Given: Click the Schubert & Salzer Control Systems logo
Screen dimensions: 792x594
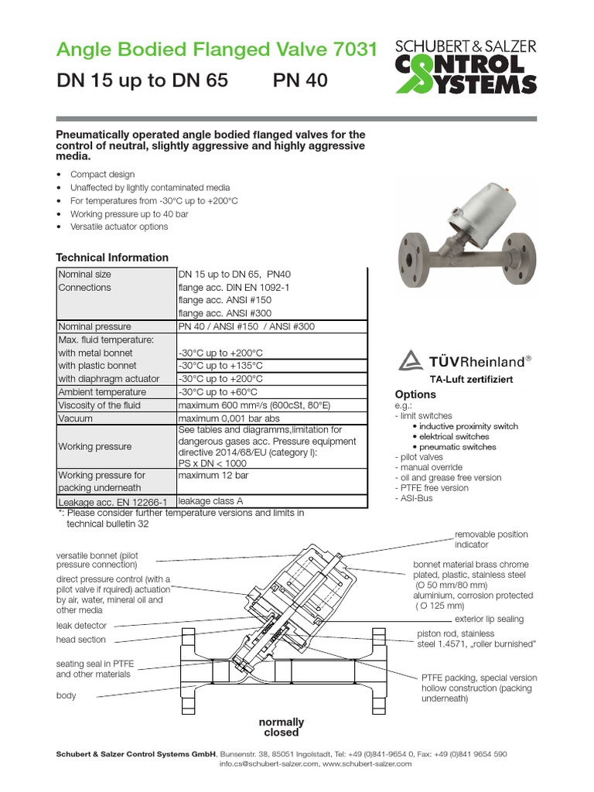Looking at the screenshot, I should tap(466, 67).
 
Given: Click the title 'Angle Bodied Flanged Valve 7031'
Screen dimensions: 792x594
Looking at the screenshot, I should tap(217, 50).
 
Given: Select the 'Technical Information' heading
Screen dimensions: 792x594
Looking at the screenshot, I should tap(112, 258).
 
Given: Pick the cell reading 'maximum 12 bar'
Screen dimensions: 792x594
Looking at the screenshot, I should tap(210, 476).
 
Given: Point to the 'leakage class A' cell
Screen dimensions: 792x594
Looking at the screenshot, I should tap(211, 501).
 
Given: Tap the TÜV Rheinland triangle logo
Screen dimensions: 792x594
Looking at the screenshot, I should tap(411, 360).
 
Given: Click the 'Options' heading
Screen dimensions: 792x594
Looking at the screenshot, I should tap(416, 394).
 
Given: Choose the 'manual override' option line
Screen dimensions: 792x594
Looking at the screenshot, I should tap(431, 467).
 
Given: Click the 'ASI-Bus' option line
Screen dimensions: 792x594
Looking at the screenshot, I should tap(416, 498).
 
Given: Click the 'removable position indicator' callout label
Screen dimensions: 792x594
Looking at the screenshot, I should tap(491, 539).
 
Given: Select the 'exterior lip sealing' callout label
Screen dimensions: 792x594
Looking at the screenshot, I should tap(489, 619).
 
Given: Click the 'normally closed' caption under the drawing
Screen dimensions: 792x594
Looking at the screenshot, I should tap(281, 727).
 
